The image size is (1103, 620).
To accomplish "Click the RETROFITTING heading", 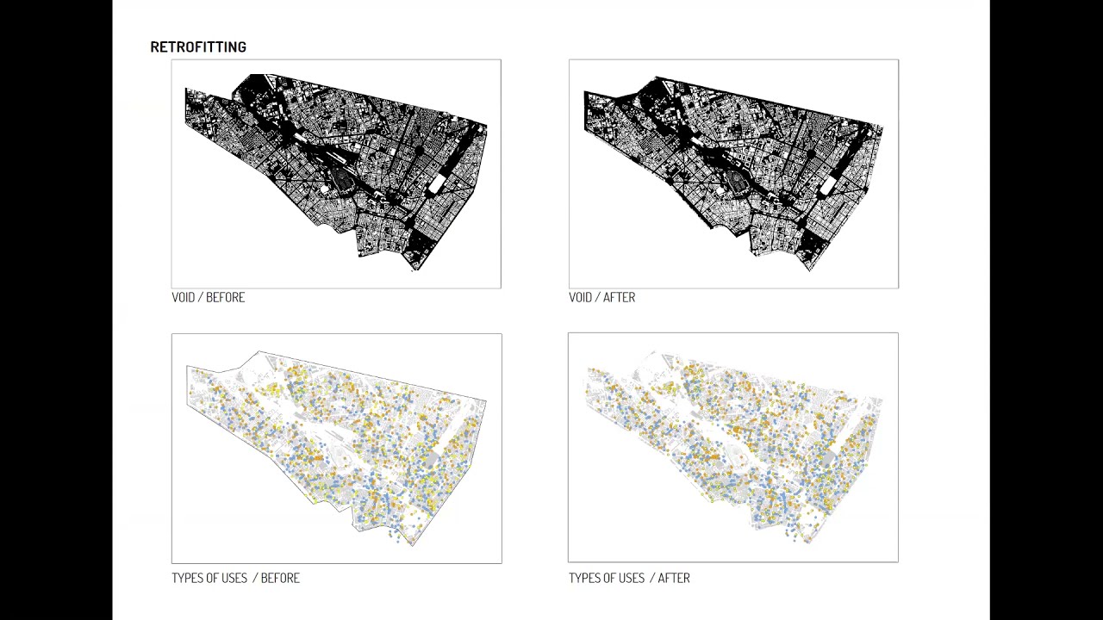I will tap(198, 47).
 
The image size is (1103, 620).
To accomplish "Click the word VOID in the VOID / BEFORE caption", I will tap(184, 297).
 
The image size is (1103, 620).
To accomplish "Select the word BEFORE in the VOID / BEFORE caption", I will tap(226, 297).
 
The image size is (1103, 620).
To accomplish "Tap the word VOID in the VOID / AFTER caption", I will tap(581, 297).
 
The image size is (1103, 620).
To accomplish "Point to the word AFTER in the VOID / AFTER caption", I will tap(620, 297).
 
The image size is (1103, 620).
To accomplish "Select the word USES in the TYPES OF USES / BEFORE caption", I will tap(233, 578).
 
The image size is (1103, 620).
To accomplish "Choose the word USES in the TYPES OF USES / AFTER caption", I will tap(630, 578).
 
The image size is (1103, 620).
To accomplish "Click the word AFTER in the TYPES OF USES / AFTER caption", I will tap(674, 578).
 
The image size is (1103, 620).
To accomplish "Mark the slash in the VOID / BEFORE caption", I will tap(202, 297).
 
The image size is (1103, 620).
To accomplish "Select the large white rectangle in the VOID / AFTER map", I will tap(830, 184).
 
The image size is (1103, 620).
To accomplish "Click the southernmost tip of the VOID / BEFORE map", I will tap(417, 270).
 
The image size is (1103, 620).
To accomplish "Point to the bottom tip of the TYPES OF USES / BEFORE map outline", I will tap(413, 545).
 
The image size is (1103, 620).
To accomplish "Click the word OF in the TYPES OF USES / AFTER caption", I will tap(608, 578).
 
